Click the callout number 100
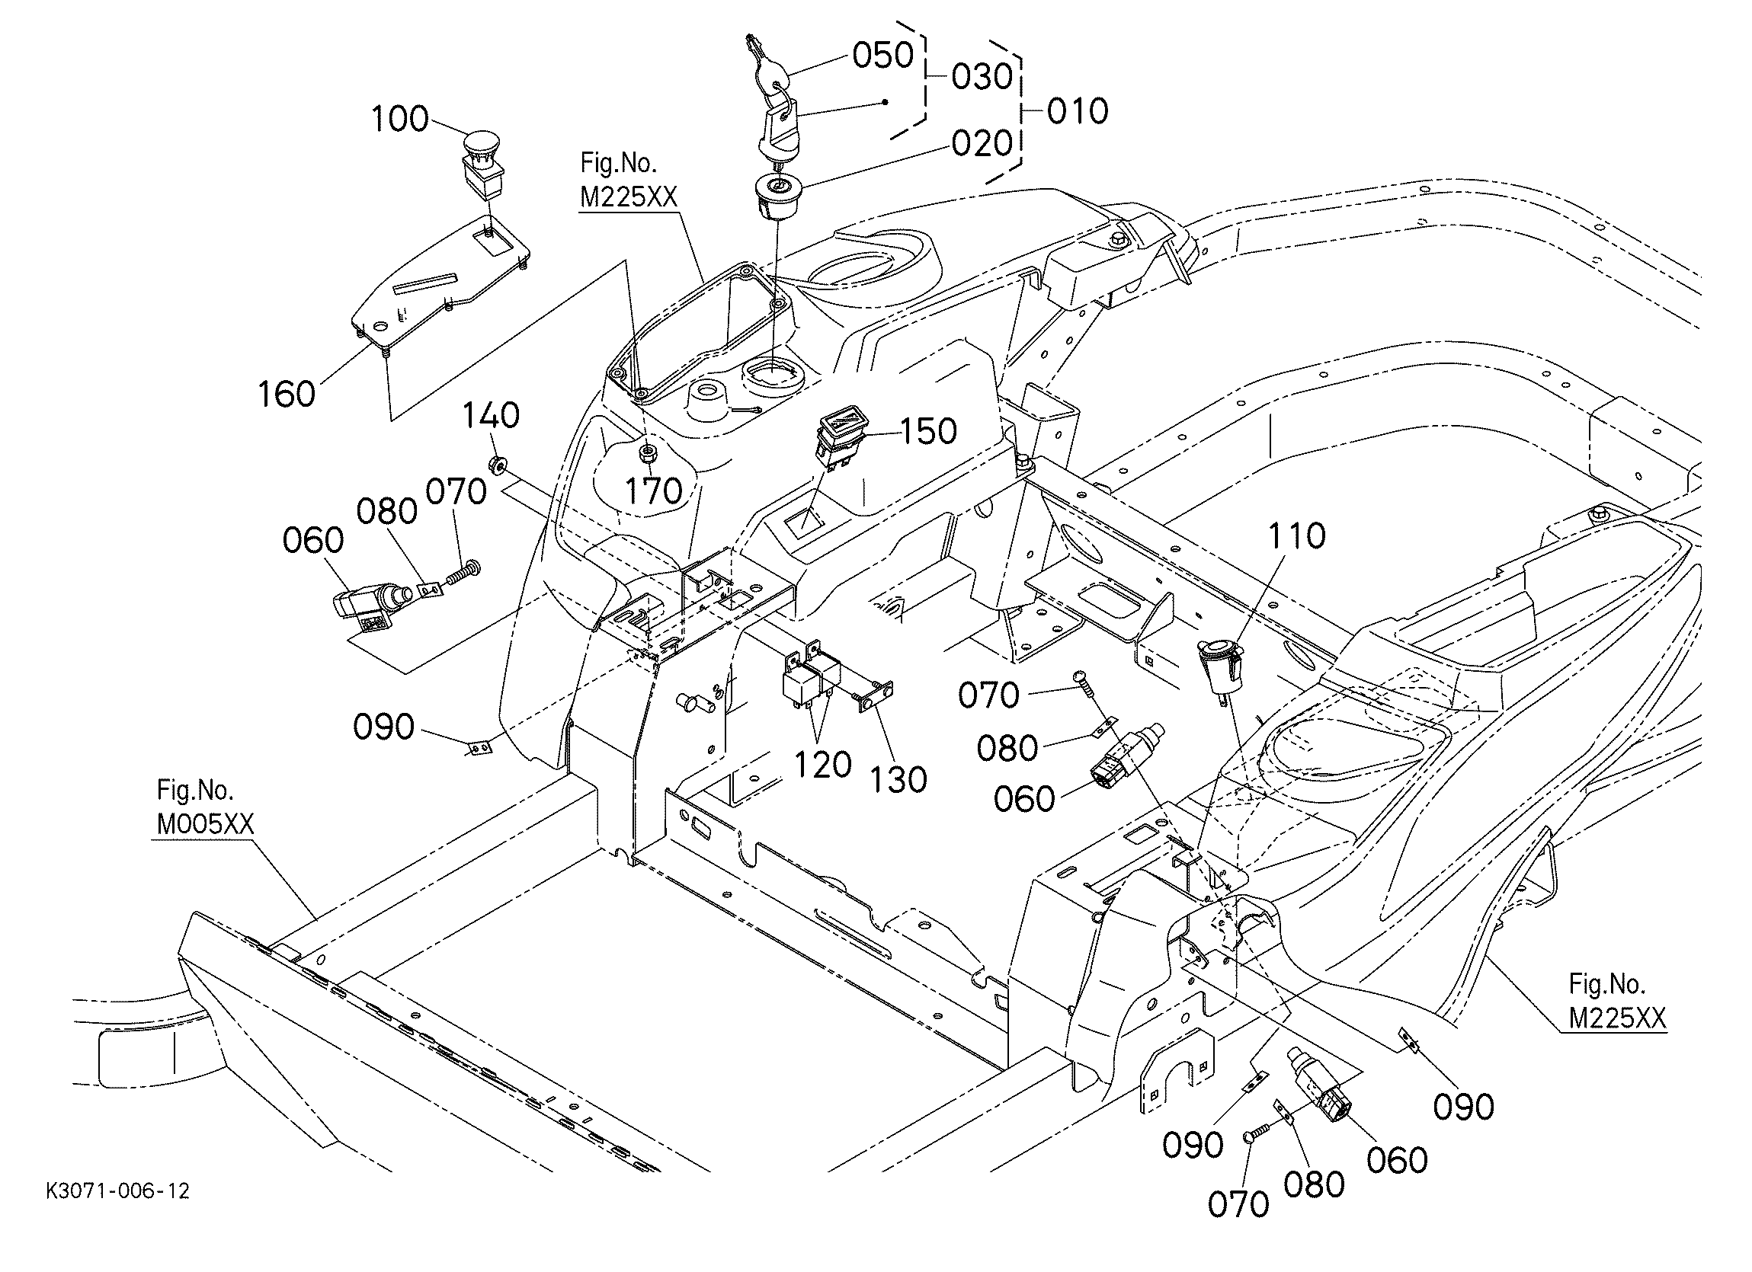tap(400, 119)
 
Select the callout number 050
tap(883, 56)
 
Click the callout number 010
tap(1078, 111)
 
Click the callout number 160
tap(287, 394)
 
